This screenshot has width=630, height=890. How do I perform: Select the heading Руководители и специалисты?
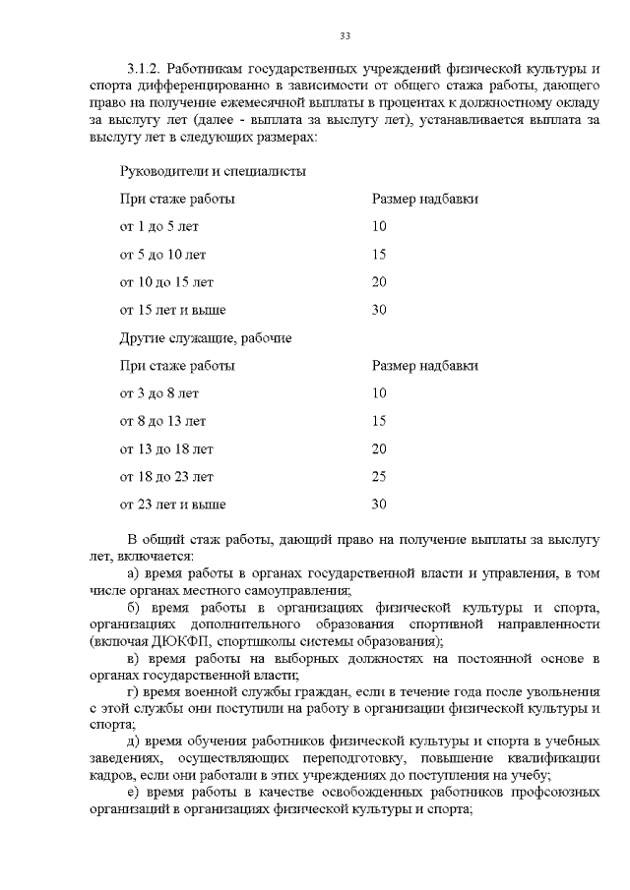click(x=212, y=171)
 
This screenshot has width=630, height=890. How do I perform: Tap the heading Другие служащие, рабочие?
click(x=205, y=338)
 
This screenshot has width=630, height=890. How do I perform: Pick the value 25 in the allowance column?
click(x=379, y=477)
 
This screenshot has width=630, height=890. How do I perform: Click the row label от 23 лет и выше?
click(x=172, y=504)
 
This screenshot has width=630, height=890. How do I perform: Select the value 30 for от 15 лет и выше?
click(x=379, y=310)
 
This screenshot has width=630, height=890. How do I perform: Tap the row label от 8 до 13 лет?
click(x=162, y=422)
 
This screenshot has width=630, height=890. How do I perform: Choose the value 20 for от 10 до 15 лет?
click(x=379, y=282)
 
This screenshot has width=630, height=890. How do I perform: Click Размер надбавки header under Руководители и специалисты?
click(x=424, y=199)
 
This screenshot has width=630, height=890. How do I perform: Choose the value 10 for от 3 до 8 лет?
click(x=379, y=393)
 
